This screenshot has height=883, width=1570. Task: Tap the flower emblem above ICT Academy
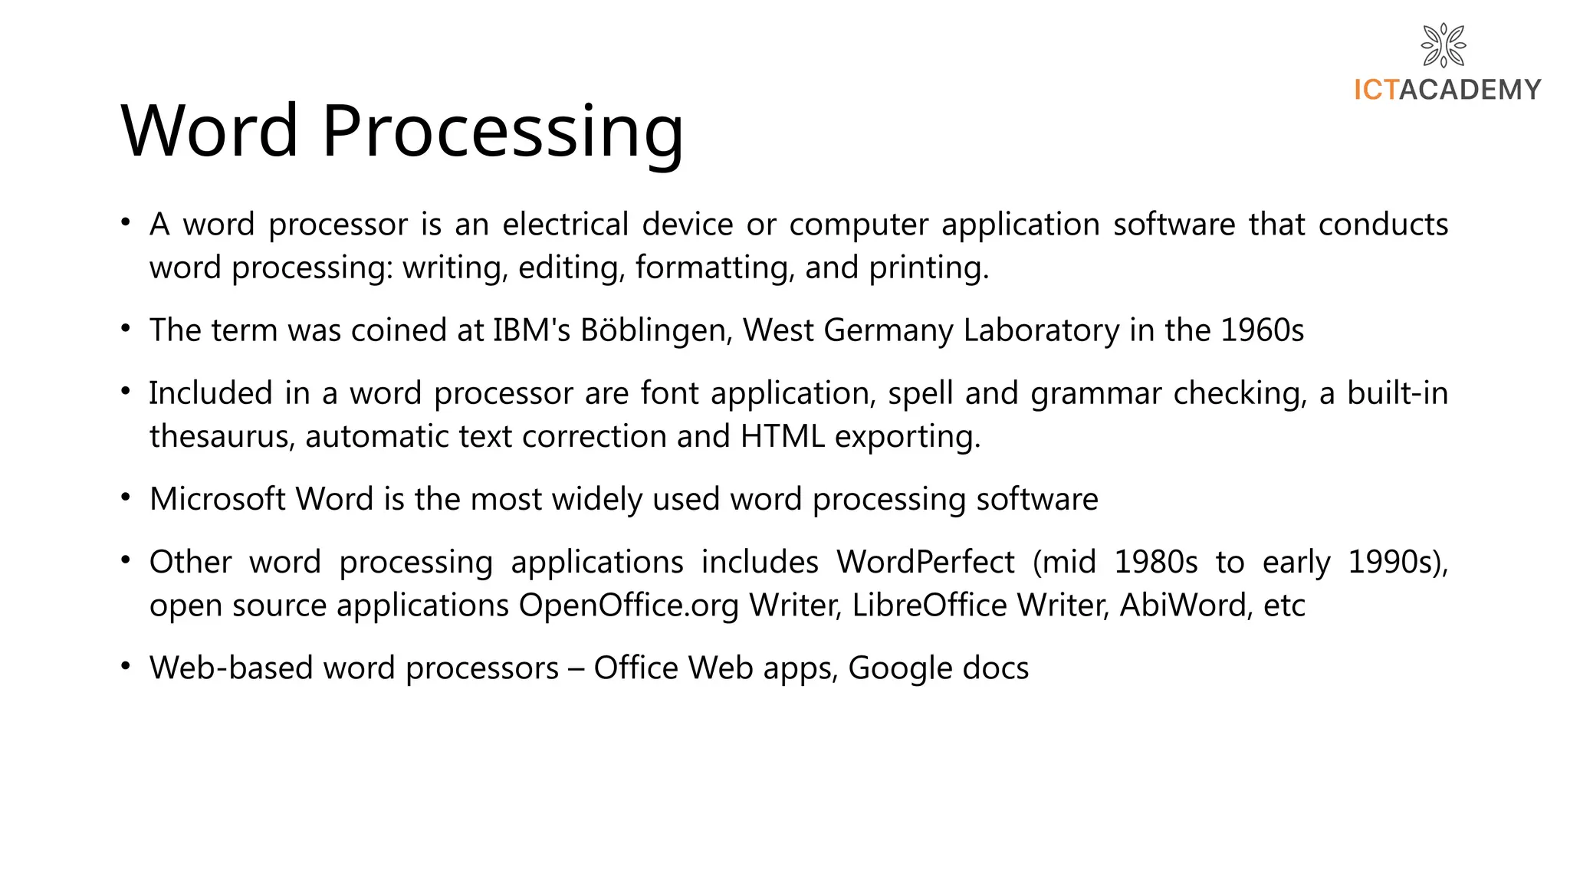1444,45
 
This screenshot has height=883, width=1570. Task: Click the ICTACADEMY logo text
1447,90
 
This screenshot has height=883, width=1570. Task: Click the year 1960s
1262,330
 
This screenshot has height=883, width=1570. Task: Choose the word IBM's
531,330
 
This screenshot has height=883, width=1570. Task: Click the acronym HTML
782,436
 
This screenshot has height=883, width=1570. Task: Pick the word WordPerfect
925,562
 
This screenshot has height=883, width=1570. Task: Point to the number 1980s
1155,562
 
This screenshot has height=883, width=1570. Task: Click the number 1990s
1396,562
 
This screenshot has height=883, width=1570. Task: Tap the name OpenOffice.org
629,606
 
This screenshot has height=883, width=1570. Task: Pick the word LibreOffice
929,606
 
